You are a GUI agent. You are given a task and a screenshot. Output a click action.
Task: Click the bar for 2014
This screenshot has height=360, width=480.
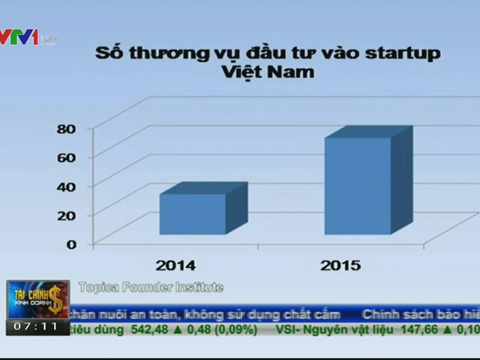[193, 214]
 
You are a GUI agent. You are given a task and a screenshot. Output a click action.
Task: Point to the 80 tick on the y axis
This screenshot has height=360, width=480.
[67, 128]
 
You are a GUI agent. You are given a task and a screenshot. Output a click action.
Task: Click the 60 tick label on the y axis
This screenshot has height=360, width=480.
[67, 157]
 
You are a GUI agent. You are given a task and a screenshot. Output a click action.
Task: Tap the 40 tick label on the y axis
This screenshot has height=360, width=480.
[67, 186]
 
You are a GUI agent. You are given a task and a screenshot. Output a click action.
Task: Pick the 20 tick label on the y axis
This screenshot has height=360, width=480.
[67, 215]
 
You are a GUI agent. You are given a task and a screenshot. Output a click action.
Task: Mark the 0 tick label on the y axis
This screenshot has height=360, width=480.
[72, 244]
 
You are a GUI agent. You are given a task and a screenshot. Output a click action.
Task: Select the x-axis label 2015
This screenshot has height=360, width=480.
[340, 265]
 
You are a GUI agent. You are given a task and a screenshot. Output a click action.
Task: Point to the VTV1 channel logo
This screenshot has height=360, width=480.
[21, 35]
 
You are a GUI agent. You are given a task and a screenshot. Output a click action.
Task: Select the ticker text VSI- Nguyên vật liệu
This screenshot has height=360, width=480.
[330, 328]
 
